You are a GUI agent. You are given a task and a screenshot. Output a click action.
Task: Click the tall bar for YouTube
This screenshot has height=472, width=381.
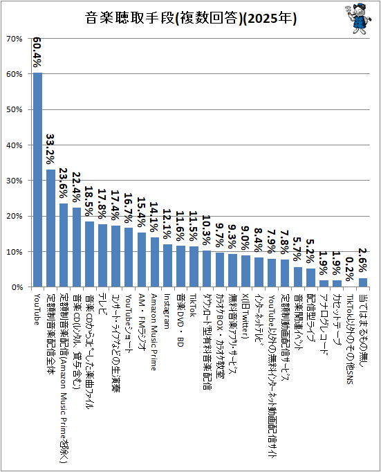(37, 180)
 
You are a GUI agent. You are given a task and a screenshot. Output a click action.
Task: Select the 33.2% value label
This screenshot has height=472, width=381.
(50, 149)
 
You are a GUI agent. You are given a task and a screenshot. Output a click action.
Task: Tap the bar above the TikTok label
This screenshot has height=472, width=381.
(194, 266)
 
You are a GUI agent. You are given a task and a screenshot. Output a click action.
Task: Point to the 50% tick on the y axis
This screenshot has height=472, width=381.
(15, 109)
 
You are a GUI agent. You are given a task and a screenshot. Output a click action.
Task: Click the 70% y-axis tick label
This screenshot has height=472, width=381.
(15, 39)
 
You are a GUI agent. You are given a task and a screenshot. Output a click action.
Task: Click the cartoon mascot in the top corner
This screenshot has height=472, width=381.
(358, 19)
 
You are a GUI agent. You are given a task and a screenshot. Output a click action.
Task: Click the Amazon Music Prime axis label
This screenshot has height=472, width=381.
(154, 332)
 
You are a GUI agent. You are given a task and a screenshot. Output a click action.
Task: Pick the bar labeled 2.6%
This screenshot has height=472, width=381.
(363, 282)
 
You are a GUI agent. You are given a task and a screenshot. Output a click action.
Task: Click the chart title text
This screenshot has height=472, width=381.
(191, 18)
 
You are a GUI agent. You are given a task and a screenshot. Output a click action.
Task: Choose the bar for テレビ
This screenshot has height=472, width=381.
(103, 255)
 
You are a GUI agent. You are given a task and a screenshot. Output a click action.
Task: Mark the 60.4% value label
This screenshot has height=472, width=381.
(37, 52)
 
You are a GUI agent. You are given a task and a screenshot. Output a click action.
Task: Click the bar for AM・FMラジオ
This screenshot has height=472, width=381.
(142, 260)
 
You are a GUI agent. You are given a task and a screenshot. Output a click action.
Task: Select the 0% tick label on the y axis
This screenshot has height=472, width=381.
(17, 287)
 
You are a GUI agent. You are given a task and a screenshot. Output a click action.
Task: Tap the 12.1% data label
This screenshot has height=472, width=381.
(167, 224)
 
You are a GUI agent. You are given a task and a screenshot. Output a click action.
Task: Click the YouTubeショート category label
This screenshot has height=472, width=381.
(129, 324)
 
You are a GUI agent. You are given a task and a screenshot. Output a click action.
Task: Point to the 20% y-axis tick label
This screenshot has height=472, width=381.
(15, 216)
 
